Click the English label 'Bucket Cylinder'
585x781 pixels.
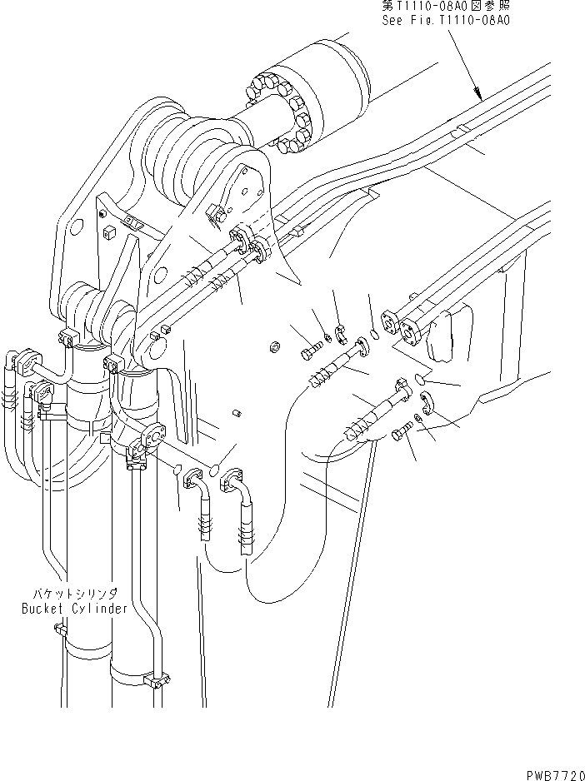point(75,608)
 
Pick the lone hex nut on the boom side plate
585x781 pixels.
point(274,345)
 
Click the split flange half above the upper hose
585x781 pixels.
point(340,336)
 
